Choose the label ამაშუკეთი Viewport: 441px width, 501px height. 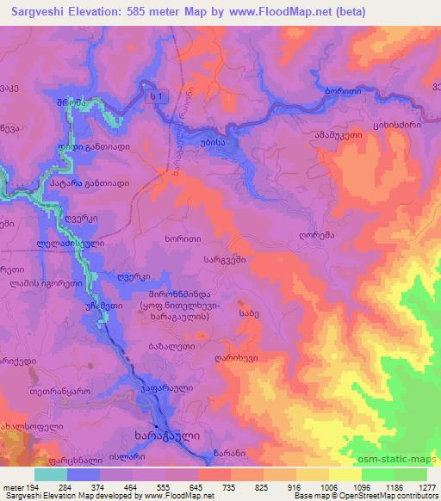[x=351, y=135]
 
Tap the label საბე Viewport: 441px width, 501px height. [x=248, y=314]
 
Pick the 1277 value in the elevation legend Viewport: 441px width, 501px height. [x=424, y=487]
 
